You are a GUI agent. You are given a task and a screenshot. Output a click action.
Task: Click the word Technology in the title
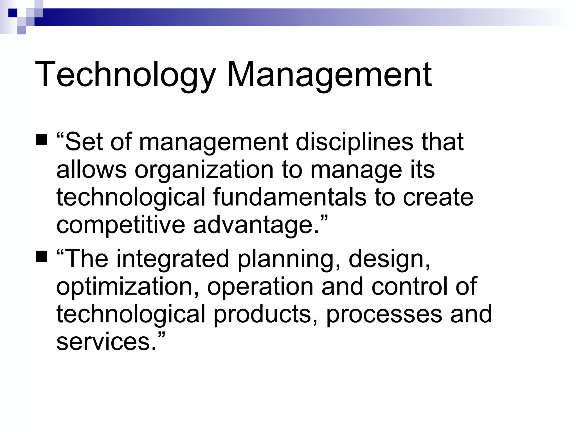(x=125, y=75)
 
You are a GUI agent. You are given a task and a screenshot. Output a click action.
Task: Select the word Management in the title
(x=329, y=75)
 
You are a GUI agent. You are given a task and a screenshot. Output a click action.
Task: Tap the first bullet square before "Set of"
(x=42, y=140)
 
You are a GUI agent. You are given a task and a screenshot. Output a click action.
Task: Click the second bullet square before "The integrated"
(x=42, y=256)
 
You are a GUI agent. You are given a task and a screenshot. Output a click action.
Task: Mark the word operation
(x=260, y=286)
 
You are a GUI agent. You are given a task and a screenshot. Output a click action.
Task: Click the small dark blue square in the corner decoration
(x=13, y=13)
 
